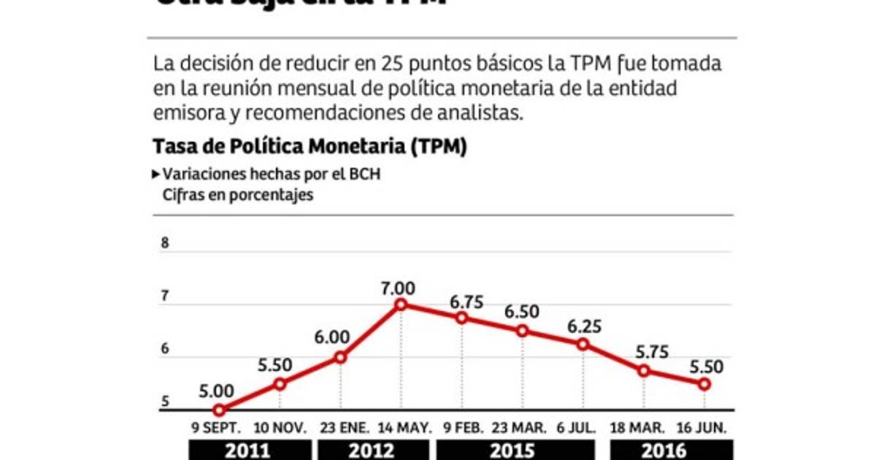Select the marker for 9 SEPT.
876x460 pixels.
pos(219,410)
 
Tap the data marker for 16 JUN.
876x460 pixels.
pos(704,384)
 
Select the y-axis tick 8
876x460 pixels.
pos(165,244)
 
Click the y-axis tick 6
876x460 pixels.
pos(165,349)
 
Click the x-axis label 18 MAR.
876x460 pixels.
pos(643,426)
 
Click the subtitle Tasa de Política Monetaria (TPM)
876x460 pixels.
pos(310,147)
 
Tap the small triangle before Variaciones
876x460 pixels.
pos(156,175)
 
